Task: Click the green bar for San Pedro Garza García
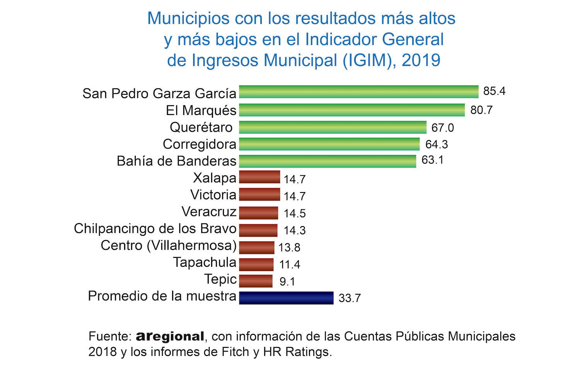[358, 92]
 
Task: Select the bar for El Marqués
[352, 110]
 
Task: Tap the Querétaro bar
[333, 127]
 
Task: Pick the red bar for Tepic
[256, 281]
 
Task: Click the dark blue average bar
[286, 298]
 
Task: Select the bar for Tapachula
[256, 264]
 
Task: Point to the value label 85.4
[494, 91]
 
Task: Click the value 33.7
[350, 298]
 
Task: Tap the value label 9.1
[287, 282]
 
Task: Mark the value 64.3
[437, 144]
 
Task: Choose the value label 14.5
[295, 213]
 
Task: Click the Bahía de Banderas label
[176, 161]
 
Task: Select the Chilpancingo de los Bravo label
[155, 228]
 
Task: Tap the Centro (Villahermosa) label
[169, 246]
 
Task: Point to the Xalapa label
[215, 178]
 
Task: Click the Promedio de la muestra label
[162, 296]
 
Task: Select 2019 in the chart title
[421, 60]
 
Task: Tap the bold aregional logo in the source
[170, 337]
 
